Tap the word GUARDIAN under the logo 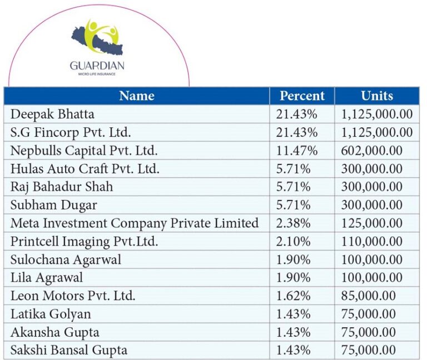pyautogui.click(x=97, y=66)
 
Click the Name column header pyautogui.click(x=136, y=96)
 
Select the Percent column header pyautogui.click(x=302, y=96)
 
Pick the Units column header pyautogui.click(x=376, y=96)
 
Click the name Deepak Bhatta pyautogui.click(x=52, y=114)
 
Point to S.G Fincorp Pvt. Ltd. pyautogui.click(x=71, y=132)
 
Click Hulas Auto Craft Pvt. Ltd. pyautogui.click(x=85, y=169)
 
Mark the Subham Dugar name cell pyautogui.click(x=53, y=205)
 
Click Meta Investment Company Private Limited pyautogui.click(x=135, y=223)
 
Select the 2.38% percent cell pyautogui.click(x=293, y=223)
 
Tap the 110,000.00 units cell pyautogui.click(x=372, y=242)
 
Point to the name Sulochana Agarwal pyautogui.click(x=66, y=259)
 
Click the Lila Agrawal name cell pyautogui.click(x=47, y=278)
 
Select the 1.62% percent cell pyautogui.click(x=293, y=296)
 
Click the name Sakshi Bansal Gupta pyautogui.click(x=69, y=350)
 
